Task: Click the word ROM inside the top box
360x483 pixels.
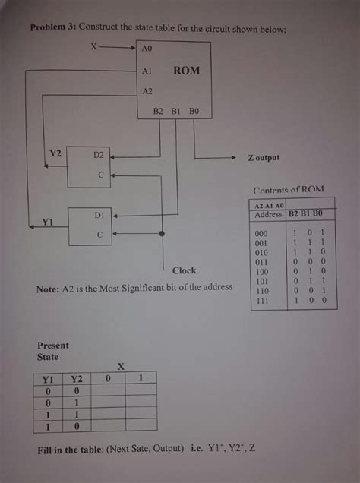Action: coord(186,71)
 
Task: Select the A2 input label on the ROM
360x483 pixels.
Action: coord(147,91)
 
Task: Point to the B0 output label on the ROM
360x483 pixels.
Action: coord(194,112)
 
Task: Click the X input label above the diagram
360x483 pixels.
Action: coord(93,46)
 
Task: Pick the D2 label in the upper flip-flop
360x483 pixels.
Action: coord(98,154)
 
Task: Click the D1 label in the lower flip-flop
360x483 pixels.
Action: coord(98,216)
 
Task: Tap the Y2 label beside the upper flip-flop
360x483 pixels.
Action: coord(55,153)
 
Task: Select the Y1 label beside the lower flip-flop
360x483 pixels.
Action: coord(47,223)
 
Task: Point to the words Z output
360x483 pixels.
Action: coord(264,158)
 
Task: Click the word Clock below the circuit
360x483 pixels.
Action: coord(184,270)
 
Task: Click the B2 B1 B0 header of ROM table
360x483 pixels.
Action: coord(306,215)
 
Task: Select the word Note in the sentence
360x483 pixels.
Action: coord(47,289)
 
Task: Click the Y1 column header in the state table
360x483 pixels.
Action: coord(47,378)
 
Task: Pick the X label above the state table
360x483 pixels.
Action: coord(120,365)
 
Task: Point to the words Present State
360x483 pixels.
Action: coord(52,351)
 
